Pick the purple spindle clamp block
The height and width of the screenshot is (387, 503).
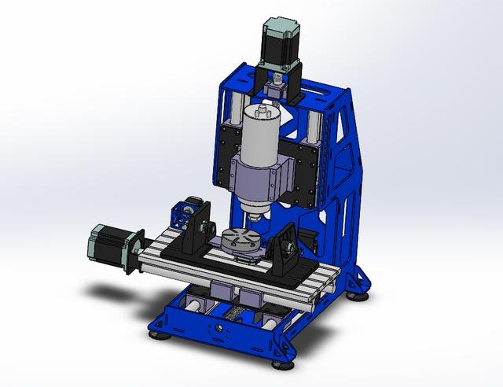(x=259, y=179)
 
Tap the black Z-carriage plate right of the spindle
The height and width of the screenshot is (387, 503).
(x=308, y=173)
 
